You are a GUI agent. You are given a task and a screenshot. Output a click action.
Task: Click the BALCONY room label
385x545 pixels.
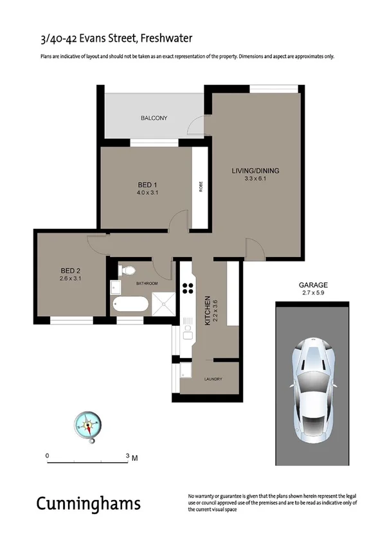pos(154,118)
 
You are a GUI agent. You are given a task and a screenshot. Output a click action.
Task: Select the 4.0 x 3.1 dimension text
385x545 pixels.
pos(147,192)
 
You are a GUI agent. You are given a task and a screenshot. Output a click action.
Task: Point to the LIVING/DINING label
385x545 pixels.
pos(256,170)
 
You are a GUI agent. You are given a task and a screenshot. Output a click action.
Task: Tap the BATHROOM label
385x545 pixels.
pos(147,283)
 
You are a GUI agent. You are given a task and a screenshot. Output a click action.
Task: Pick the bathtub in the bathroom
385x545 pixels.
pos(130,304)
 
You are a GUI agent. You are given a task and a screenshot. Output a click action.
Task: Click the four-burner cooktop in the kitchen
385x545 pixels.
pos(188,287)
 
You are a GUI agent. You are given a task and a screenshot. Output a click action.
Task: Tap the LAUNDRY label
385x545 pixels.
pos(213,379)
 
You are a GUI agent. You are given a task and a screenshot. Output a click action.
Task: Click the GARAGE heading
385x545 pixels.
pos(313,285)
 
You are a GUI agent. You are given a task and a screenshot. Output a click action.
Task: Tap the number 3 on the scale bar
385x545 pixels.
pos(127,455)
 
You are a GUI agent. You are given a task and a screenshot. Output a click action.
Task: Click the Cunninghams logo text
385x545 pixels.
pos(88,503)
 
